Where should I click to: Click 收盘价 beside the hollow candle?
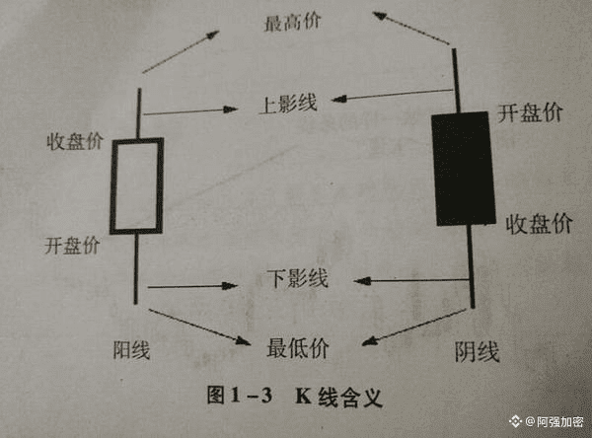click(x=75, y=140)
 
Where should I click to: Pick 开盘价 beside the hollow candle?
click(x=71, y=246)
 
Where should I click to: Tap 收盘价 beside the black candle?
click(x=538, y=223)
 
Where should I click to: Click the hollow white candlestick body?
click(x=136, y=185)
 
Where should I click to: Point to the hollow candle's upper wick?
click(x=138, y=113)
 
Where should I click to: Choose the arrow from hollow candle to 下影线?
click(x=193, y=286)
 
